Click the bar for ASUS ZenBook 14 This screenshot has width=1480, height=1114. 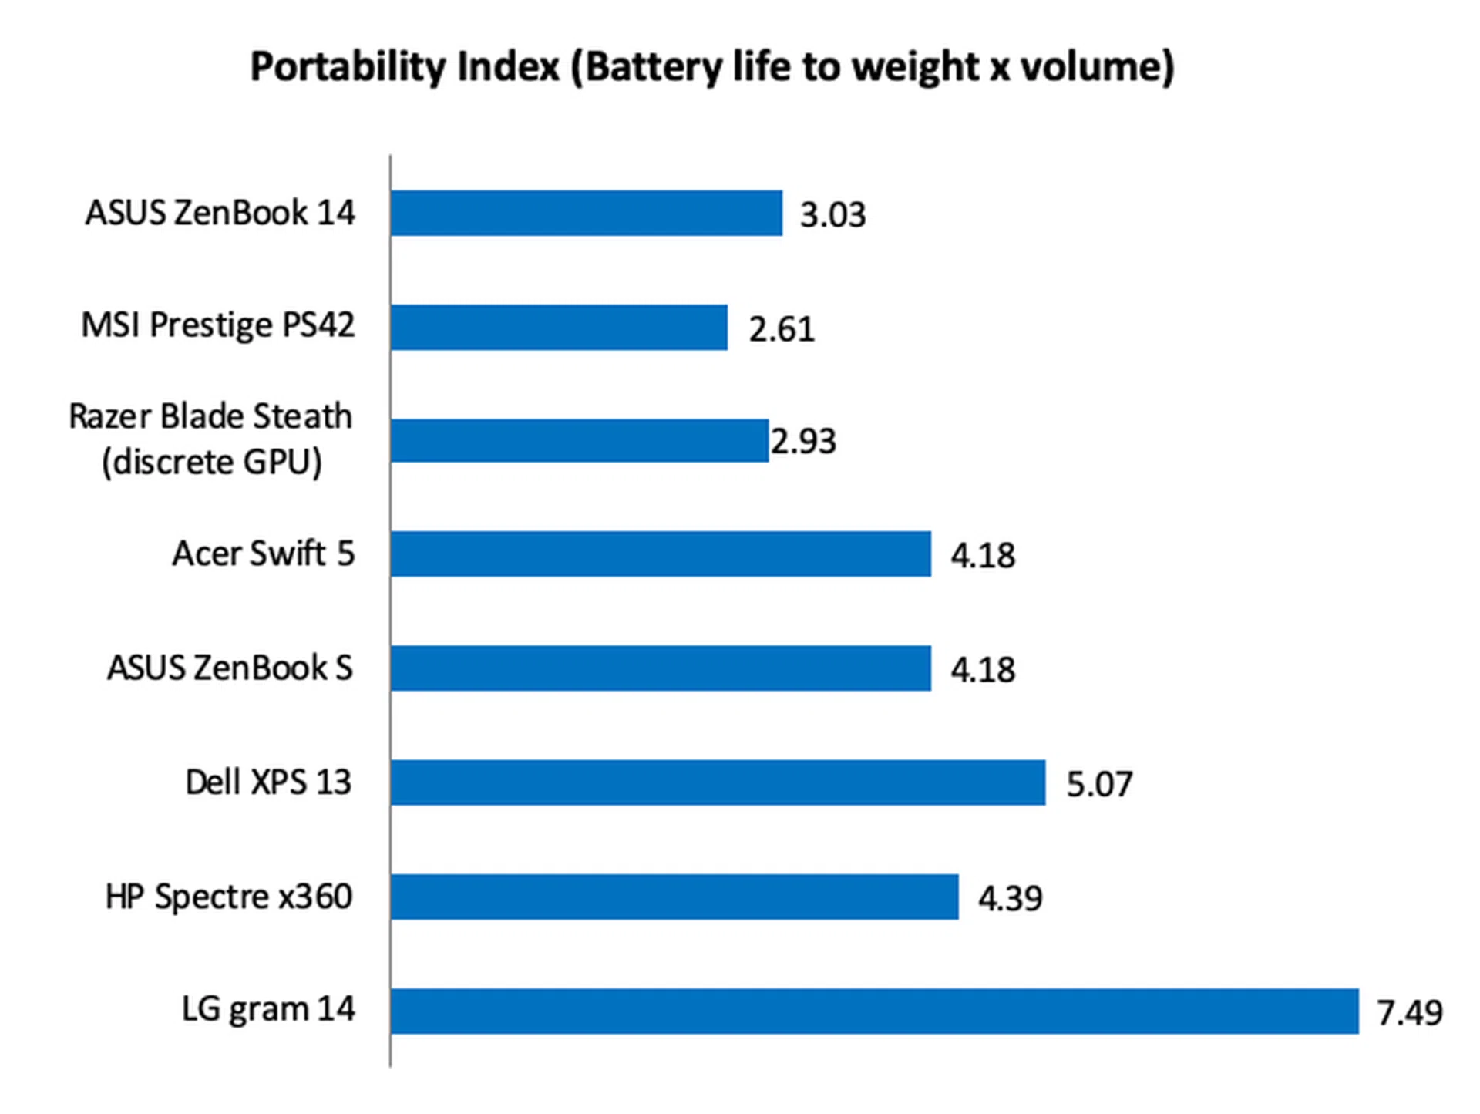[x=586, y=213]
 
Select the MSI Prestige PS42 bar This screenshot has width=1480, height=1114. [x=559, y=327]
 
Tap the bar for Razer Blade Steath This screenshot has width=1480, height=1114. [x=579, y=440]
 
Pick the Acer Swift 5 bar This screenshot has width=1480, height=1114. [x=661, y=554]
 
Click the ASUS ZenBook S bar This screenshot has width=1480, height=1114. [x=661, y=668]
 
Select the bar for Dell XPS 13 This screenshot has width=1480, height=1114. [x=718, y=782]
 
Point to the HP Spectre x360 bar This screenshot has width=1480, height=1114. [x=674, y=896]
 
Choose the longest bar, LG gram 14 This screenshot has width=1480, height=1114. [x=874, y=1010]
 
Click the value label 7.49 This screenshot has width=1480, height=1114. [x=1409, y=1012]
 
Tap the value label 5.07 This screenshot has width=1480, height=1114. [x=1099, y=784]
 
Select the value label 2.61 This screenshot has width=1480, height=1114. [x=782, y=329]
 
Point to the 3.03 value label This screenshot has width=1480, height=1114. [x=832, y=215]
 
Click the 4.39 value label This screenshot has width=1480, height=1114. [x=1010, y=898]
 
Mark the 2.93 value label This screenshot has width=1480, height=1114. [x=803, y=442]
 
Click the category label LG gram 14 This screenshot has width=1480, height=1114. [x=268, y=1009]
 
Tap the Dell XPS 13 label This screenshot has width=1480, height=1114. [x=268, y=782]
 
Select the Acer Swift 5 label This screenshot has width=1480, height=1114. [x=263, y=554]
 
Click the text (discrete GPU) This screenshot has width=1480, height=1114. [x=212, y=463]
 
